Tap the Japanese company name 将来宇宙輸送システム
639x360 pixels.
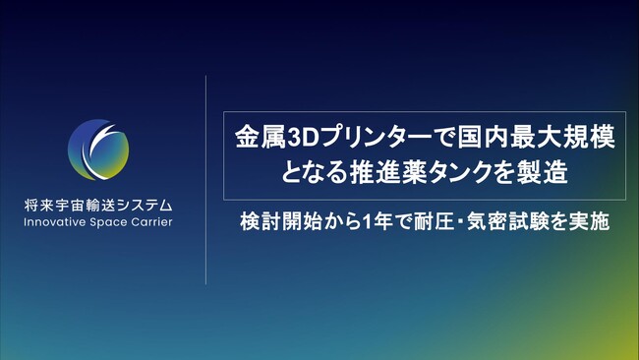point(98,207)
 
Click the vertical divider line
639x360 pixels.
point(205,177)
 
